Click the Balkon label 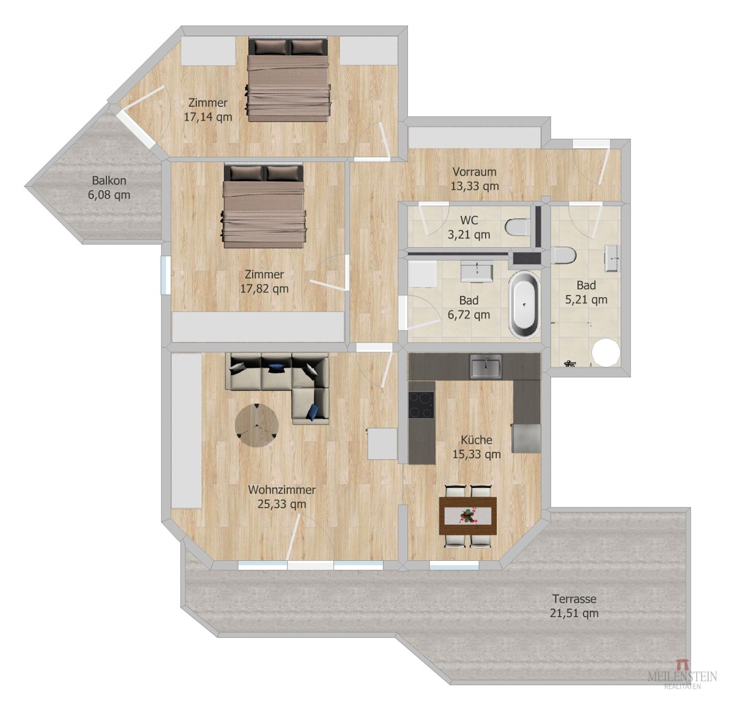point(109,180)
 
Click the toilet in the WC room point(517,228)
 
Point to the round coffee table point(256,425)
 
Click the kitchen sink point(486,366)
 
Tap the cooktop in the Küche point(421,405)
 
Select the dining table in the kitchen point(468,516)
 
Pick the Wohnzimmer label point(282,490)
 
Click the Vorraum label point(474,172)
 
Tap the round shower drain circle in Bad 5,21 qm point(606,353)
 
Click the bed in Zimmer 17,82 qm point(263,205)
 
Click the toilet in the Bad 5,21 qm point(563,255)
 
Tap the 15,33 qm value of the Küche point(476,454)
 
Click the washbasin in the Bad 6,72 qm point(476,273)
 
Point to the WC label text point(469,220)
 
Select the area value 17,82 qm point(264,289)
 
